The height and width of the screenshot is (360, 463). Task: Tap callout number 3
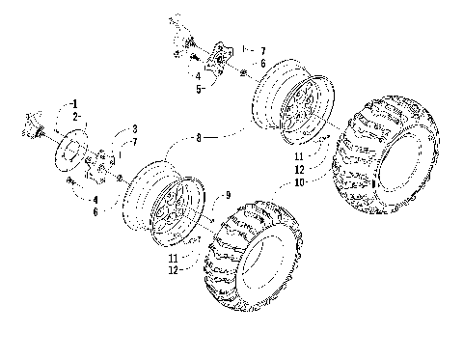(134, 128)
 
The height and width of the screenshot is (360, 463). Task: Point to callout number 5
(198, 88)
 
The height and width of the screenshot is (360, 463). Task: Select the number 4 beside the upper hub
(197, 75)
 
